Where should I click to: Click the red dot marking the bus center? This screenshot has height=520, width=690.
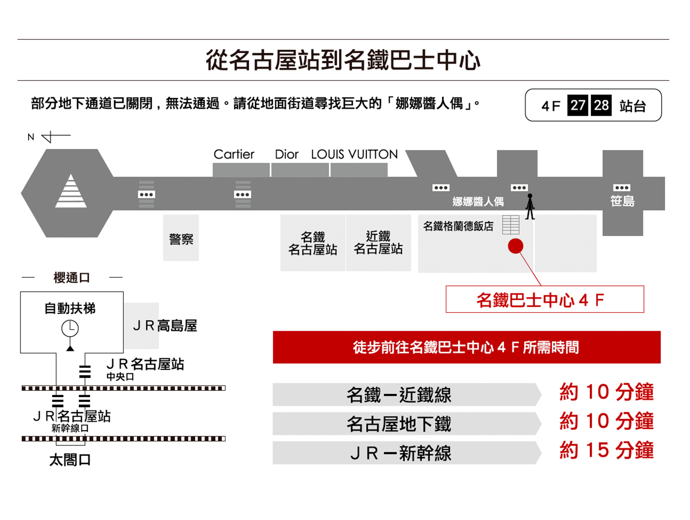[515, 246]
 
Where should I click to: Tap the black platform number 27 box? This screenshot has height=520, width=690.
[578, 105]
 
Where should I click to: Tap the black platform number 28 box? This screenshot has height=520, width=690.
[601, 105]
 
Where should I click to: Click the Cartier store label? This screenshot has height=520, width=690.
[234, 154]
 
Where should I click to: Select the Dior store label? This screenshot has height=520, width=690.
[287, 154]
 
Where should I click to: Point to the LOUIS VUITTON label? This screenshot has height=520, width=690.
[354, 154]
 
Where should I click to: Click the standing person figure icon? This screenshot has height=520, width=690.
[530, 206]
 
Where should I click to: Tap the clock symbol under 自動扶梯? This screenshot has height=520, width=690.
[70, 328]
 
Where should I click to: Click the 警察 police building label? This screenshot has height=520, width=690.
[181, 239]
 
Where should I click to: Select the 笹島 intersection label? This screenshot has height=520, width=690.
[622, 201]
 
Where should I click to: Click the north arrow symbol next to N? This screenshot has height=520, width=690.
[56, 137]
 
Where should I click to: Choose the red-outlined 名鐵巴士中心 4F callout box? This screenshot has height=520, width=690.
[545, 299]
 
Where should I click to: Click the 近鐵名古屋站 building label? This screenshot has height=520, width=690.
[378, 243]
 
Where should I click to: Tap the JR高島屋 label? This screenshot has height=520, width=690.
[165, 325]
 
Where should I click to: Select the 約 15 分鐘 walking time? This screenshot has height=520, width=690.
[607, 450]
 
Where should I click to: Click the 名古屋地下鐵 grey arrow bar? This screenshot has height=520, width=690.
[407, 424]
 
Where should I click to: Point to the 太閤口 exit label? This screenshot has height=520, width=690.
[70, 460]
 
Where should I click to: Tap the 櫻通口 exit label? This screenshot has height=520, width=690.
[72, 277]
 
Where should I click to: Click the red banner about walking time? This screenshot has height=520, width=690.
[466, 347]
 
